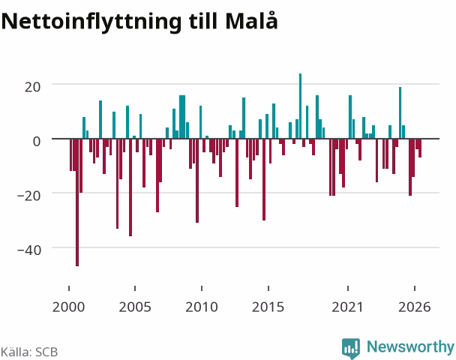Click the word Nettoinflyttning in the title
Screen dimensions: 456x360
tap(91, 22)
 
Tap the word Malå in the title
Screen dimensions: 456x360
tap(251, 20)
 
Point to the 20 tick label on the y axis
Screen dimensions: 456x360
tap(32, 87)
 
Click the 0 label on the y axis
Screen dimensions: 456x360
tap(37, 141)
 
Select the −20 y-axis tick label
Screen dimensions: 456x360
tap(29, 196)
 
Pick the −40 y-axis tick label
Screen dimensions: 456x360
tap(29, 250)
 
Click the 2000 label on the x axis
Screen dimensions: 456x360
tap(69, 307)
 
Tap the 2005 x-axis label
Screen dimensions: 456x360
tap(135, 307)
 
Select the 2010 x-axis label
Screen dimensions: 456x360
tap(202, 307)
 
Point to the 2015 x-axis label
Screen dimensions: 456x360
tap(268, 307)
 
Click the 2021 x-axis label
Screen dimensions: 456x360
tap(347, 307)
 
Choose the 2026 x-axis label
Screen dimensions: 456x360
tap(415, 307)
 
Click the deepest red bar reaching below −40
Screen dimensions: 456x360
tap(77, 202)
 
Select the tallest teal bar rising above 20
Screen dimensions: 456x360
tap(301, 106)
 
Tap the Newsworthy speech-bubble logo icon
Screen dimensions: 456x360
tap(351, 348)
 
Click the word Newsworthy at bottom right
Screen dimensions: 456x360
tap(410, 346)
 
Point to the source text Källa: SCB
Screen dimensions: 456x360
tap(29, 352)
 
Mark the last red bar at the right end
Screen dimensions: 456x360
tap(420, 148)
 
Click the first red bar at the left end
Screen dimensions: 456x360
tap(71, 154)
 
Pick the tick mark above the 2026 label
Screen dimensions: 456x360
tap(415, 288)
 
